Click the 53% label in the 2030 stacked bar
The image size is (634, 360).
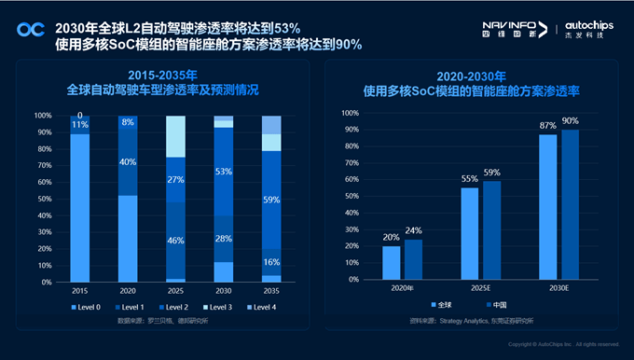click(223, 172)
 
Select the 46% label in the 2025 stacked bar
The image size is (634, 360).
click(174, 240)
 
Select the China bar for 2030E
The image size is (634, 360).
click(570, 204)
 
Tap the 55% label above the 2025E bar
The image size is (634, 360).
click(470, 178)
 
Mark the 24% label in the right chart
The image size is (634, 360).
click(413, 230)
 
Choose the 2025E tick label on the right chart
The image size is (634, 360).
click(480, 288)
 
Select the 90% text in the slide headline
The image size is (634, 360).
click(346, 44)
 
